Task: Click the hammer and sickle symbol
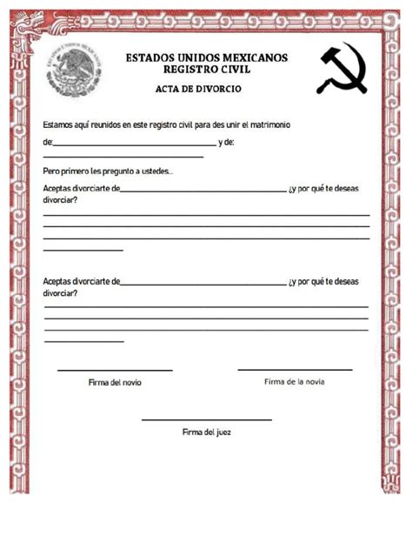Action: click(x=343, y=67)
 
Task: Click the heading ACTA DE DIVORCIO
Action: click(x=198, y=90)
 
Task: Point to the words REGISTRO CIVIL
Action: click(x=207, y=70)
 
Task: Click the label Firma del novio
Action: click(x=115, y=382)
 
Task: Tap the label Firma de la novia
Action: click(x=295, y=381)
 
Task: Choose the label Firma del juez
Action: click(x=206, y=431)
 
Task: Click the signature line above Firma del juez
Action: click(x=206, y=419)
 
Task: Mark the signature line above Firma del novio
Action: click(x=115, y=371)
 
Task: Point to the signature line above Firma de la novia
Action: click(x=295, y=370)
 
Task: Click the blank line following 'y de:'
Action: click(x=123, y=157)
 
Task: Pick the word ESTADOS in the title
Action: click(x=149, y=58)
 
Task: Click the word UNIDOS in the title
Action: click(x=196, y=58)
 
